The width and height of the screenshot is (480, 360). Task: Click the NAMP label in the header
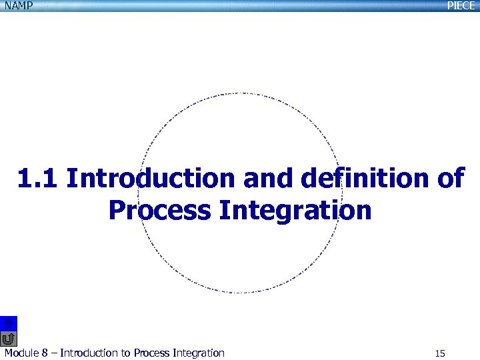click(16, 6)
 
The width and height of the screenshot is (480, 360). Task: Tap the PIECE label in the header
click(461, 6)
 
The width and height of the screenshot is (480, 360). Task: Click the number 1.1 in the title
click(38, 179)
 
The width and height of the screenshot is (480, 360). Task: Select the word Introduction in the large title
click(151, 179)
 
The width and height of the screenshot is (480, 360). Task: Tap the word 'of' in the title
click(449, 179)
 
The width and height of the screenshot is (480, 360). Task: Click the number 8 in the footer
click(45, 353)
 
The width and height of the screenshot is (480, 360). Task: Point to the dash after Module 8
click(54, 353)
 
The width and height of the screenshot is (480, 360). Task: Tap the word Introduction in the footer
click(88, 353)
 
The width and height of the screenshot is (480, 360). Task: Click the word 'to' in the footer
click(125, 353)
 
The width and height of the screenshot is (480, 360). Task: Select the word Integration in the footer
click(198, 353)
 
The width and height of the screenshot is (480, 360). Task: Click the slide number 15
click(439, 353)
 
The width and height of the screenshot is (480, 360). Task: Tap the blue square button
click(9, 323)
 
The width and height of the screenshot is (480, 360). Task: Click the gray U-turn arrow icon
click(9, 338)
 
